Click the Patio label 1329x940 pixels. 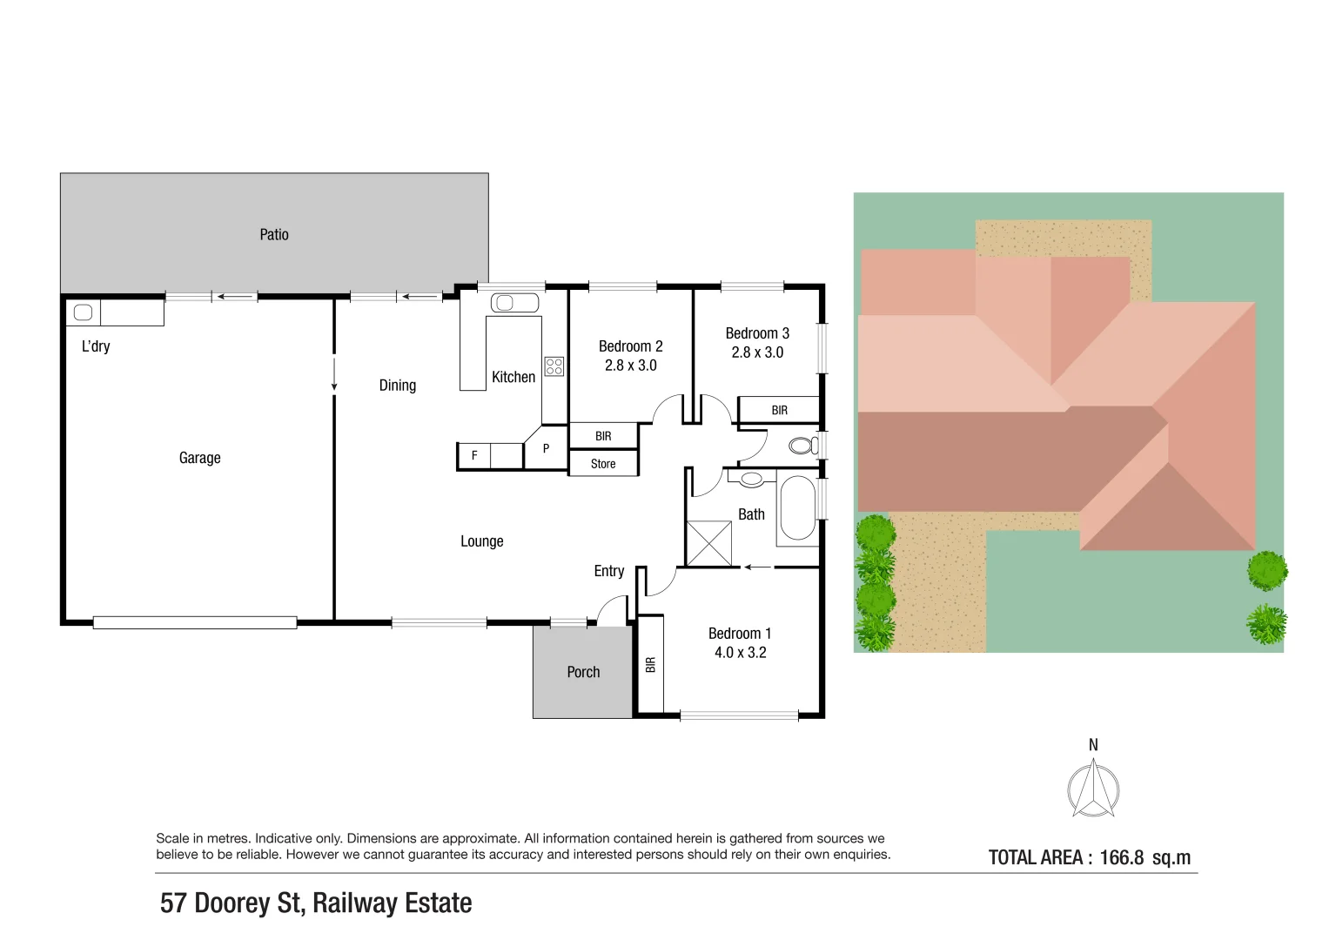point(274,234)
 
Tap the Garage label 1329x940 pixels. point(200,458)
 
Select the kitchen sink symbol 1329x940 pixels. point(514,303)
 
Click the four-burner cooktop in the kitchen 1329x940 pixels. point(554,366)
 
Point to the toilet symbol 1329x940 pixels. point(803,445)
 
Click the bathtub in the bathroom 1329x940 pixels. point(797,507)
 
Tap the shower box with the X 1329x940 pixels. point(709,543)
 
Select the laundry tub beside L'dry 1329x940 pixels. point(83,312)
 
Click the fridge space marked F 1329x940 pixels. point(474,456)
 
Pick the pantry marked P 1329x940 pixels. point(547,448)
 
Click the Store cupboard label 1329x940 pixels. point(603,464)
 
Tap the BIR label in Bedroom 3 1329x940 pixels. point(780,410)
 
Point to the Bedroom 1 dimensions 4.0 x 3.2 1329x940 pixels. point(741,653)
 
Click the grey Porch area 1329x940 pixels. point(582,672)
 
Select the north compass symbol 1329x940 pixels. point(1093,789)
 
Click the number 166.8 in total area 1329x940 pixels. point(1121,857)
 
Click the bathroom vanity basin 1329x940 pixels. point(752,479)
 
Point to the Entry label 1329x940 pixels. point(609,571)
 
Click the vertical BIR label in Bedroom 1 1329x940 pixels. point(651,665)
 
